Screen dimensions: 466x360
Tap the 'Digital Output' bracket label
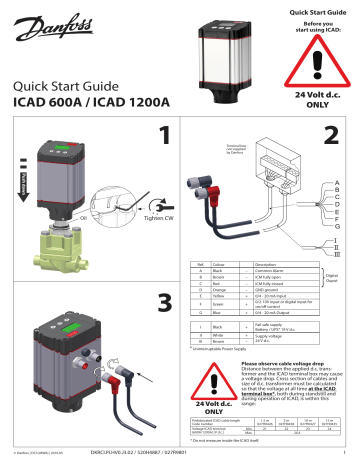pos(345,281)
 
